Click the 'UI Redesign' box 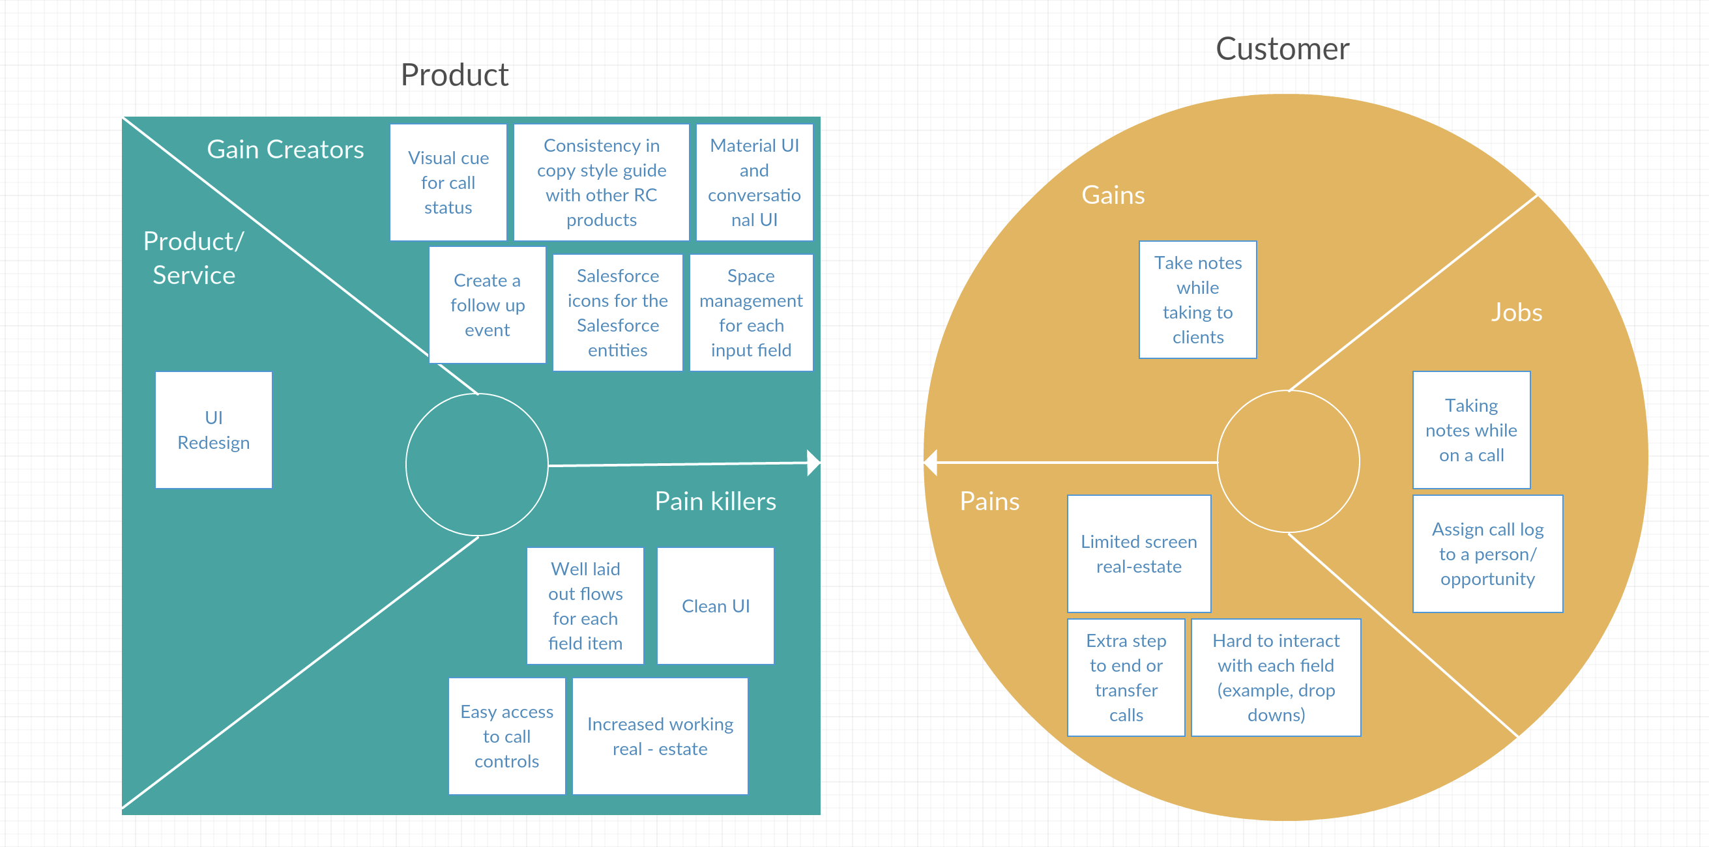[x=214, y=430]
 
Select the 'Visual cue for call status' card [x=448, y=182]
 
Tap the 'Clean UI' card [x=716, y=605]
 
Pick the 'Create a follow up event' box [x=488, y=305]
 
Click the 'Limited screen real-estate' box [x=1139, y=554]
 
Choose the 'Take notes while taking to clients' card [x=1198, y=300]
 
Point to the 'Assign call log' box [x=1488, y=554]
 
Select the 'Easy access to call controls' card [x=507, y=736]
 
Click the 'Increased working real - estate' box [x=660, y=736]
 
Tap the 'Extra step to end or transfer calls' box [x=1126, y=678]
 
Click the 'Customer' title [x=1283, y=49]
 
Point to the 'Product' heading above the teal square [x=454, y=74]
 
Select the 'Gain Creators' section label [x=285, y=149]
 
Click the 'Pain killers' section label [x=715, y=502]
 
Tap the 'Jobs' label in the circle [x=1517, y=312]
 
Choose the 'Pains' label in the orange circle [x=989, y=502]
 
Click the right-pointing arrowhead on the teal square [x=814, y=463]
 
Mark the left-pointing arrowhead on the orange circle [x=930, y=463]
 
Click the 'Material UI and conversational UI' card [x=755, y=182]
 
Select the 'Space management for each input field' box [x=752, y=312]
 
